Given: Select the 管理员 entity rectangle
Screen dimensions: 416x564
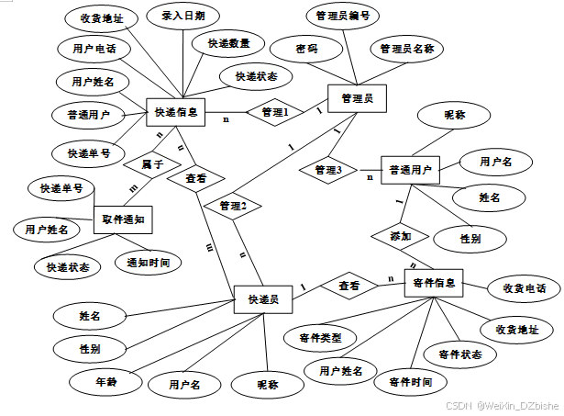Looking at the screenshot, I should (x=355, y=97).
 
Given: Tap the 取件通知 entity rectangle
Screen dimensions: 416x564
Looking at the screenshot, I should (x=123, y=220).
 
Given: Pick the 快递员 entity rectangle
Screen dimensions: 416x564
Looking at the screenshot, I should (x=262, y=299).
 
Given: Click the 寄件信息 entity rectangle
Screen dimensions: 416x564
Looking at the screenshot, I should (x=435, y=285).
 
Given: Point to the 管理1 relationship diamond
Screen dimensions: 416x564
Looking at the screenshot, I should (x=275, y=112).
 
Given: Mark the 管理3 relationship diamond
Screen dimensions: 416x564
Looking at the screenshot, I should (x=327, y=170).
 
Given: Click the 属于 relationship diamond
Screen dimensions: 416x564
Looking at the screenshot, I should (x=152, y=164).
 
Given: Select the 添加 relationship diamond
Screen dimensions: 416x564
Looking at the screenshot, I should (x=401, y=235).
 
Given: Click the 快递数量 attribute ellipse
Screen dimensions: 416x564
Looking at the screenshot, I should (x=228, y=43).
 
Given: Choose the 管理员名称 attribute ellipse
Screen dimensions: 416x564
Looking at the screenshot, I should (x=406, y=48).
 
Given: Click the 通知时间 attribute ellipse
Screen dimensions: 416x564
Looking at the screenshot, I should (x=148, y=262).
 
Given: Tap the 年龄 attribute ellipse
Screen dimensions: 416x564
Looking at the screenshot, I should (x=106, y=378).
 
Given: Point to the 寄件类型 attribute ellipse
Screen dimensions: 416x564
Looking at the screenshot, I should (x=320, y=338).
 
